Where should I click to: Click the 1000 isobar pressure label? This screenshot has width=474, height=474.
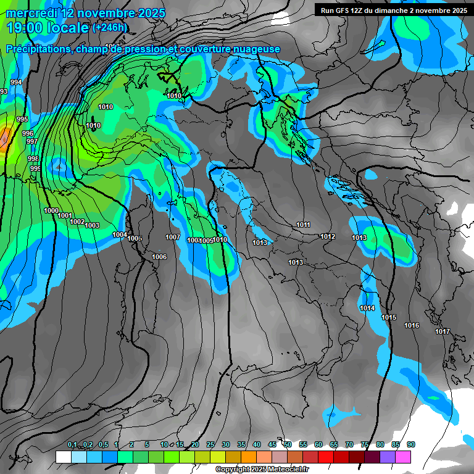51,210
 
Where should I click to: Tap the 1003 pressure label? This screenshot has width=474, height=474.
92,225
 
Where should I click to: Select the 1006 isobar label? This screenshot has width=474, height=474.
159,257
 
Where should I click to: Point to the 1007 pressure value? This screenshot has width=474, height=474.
173,237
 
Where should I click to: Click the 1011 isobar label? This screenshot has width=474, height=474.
303,225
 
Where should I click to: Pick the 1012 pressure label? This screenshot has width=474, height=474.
328,236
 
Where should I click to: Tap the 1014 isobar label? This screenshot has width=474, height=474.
367,308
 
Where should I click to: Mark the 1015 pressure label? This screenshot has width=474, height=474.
389,317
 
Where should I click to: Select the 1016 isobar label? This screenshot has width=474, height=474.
412,325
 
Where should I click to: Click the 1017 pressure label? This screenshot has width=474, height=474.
443,331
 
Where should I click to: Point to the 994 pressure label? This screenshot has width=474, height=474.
16,82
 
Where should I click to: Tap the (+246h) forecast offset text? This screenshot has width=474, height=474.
109,27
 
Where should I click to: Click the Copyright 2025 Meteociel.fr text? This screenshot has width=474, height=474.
262,470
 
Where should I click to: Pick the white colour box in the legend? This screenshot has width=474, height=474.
63,457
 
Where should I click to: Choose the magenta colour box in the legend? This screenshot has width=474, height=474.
403,457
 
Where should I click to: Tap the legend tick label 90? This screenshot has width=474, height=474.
411,445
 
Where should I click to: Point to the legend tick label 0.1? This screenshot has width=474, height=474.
72,445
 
